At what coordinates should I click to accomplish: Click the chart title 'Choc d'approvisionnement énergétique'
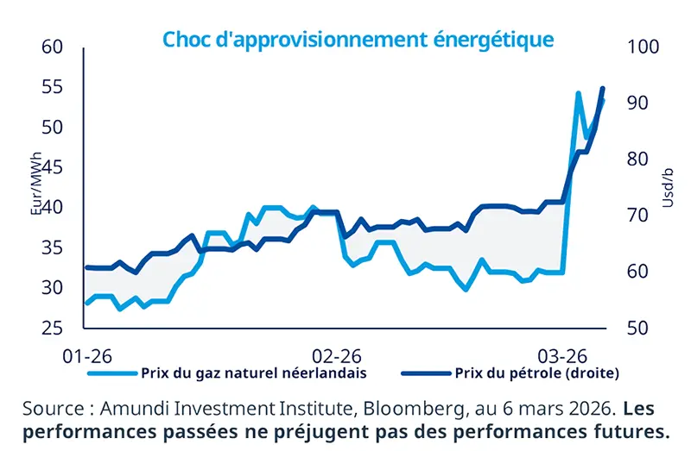(x=358, y=40)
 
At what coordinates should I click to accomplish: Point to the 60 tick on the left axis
(x=54, y=47)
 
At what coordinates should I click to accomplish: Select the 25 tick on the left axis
(x=54, y=329)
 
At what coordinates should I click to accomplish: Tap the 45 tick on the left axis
(x=54, y=167)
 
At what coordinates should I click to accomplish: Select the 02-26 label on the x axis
(x=337, y=355)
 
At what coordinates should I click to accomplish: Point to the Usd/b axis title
(x=667, y=188)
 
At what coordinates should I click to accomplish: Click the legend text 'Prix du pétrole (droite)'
(x=536, y=373)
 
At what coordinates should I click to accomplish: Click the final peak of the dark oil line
(x=603, y=89)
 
